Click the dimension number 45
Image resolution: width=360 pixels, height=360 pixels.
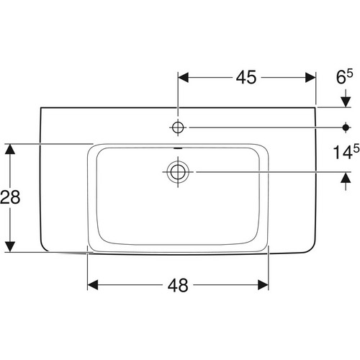pos(246,77)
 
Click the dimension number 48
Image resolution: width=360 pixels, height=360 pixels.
pos(178,285)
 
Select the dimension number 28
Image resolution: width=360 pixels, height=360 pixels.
pos(10,197)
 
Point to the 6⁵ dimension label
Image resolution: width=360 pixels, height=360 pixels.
pos(344,76)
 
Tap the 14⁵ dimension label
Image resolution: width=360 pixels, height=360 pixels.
pos(346,152)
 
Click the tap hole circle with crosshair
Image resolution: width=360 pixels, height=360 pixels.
pos(178,127)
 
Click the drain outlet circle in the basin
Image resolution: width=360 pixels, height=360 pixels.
pos(178,172)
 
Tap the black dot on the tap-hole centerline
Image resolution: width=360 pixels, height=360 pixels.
pos(346,127)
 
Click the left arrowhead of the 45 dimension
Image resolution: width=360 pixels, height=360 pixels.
pos(183,78)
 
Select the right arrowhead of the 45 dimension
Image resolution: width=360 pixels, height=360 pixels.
pos(310,78)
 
